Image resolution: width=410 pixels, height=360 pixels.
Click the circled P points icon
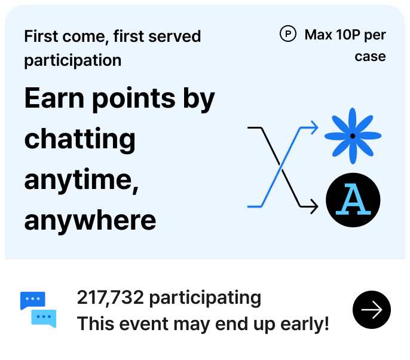288,34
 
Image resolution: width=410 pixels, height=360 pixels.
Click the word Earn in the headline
54,98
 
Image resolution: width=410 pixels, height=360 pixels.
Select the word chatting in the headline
79,139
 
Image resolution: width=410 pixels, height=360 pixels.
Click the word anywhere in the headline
90,221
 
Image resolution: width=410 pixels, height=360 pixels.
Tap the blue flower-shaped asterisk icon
353,136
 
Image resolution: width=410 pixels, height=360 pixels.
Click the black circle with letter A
353,200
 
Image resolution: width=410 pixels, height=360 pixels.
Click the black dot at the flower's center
353,136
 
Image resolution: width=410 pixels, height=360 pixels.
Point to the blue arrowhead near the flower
314,128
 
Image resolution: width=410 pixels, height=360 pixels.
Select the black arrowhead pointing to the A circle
314,207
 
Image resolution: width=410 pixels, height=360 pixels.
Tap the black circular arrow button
372,310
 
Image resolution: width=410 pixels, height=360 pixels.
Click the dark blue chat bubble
32,300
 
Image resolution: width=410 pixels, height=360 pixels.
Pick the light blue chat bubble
44,318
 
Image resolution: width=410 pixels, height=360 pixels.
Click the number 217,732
111,297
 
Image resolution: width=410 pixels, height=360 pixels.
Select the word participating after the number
205,298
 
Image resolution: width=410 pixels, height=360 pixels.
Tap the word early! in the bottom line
305,324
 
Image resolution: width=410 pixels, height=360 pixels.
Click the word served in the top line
175,36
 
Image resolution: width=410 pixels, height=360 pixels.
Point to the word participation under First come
73,61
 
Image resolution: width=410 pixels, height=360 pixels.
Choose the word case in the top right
371,56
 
